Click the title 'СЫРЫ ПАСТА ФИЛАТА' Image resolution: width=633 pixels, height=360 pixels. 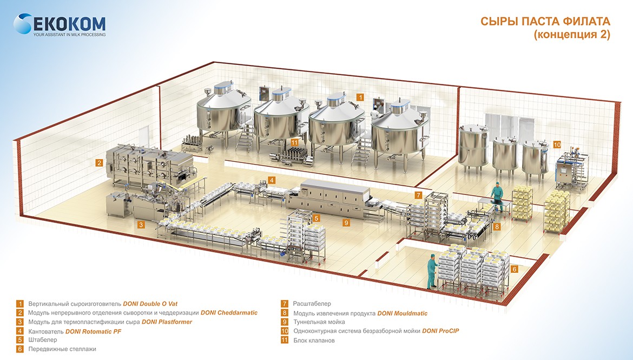pyautogui.click(x=545, y=22)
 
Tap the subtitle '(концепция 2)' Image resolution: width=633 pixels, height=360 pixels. pyautogui.click(x=571, y=35)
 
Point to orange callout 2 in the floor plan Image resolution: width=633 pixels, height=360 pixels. pyautogui.click(x=99, y=162)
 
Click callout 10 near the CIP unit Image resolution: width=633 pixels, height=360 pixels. pyautogui.click(x=557, y=145)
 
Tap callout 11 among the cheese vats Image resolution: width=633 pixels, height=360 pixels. pyautogui.click(x=294, y=142)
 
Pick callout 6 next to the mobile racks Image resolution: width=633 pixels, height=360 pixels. pyautogui.click(x=515, y=269)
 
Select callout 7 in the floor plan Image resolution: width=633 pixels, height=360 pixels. pyautogui.click(x=418, y=194)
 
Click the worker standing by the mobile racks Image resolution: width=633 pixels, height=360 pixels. pyautogui.click(x=432, y=271)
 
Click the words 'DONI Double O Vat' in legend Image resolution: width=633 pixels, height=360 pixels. pyautogui.click(x=150, y=304)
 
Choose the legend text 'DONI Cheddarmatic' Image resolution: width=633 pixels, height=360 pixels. pyautogui.click(x=229, y=313)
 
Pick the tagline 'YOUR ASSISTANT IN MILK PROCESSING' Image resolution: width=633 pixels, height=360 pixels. pyautogui.click(x=69, y=35)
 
